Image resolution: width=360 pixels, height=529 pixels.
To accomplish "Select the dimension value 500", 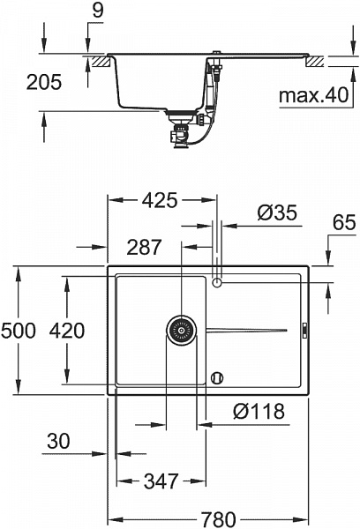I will point(18,331).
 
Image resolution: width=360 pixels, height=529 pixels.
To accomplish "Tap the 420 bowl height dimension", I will point(67,331).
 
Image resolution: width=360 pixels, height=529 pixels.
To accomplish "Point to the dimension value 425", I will point(160,199).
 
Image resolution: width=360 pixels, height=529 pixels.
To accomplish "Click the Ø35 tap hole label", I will point(275,213).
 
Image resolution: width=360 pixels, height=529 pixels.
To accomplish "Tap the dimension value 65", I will point(343,223).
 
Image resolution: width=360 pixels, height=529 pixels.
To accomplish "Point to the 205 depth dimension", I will point(44,83).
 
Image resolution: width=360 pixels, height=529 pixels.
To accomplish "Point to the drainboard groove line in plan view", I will point(247,330).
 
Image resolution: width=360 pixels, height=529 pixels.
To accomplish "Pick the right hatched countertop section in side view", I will point(315,63).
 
